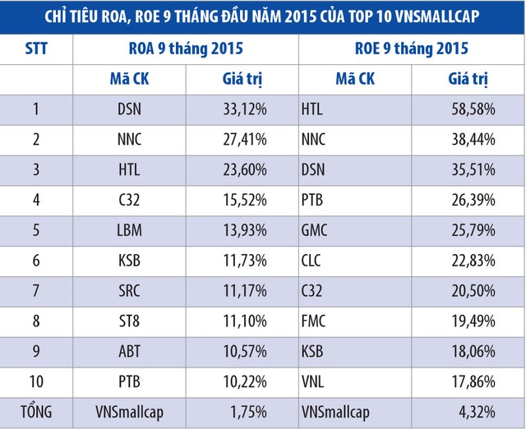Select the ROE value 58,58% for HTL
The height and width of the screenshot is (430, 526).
tap(473, 109)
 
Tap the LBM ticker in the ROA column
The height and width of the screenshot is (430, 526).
tap(130, 229)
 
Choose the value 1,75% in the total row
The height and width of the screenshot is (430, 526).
tap(249, 413)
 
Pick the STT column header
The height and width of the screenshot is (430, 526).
tap(35, 51)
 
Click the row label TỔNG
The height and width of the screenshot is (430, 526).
tap(35, 413)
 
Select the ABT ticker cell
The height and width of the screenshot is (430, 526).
tap(130, 352)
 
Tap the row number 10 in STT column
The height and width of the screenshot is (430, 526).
tap(35, 382)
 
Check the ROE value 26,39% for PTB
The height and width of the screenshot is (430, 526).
tap(473, 200)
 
